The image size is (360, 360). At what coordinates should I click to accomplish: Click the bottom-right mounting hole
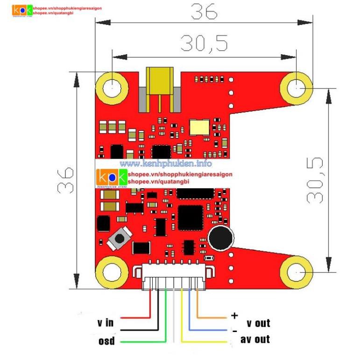point(296,272)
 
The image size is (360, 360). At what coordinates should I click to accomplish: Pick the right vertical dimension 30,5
point(315,180)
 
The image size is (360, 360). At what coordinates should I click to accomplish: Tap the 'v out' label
point(258,323)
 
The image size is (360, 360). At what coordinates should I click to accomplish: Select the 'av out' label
point(255,339)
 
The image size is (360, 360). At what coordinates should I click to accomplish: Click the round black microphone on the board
point(220,238)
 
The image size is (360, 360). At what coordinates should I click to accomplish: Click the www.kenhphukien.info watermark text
point(166,163)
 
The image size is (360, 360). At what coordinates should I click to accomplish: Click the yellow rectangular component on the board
point(199,127)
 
